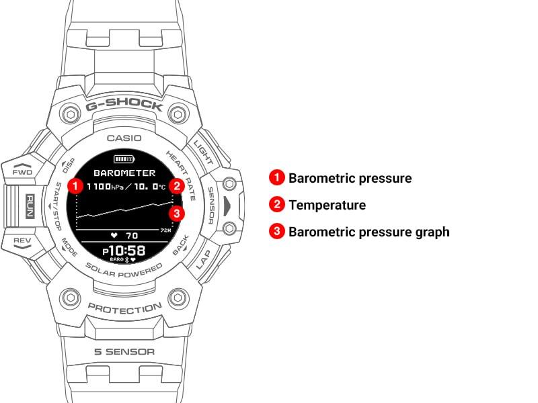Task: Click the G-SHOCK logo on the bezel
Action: (x=124, y=105)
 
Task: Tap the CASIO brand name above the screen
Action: (x=124, y=138)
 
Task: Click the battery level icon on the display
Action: (x=124, y=159)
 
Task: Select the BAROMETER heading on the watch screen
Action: (x=124, y=173)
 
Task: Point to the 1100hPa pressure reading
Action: (x=105, y=187)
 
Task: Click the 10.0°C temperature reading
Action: (x=149, y=187)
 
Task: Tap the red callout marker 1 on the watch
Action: (x=75, y=186)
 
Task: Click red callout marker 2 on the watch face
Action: (x=177, y=186)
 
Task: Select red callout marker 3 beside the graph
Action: (x=177, y=214)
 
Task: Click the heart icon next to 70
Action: (x=114, y=236)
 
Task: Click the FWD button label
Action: (x=22, y=172)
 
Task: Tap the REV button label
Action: (x=22, y=240)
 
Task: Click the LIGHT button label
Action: (x=204, y=152)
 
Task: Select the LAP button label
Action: (x=204, y=259)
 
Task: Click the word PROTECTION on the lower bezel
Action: (x=125, y=308)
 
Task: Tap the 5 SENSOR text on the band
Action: (x=124, y=351)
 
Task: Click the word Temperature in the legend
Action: (x=328, y=205)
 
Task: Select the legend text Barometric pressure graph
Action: (x=369, y=232)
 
